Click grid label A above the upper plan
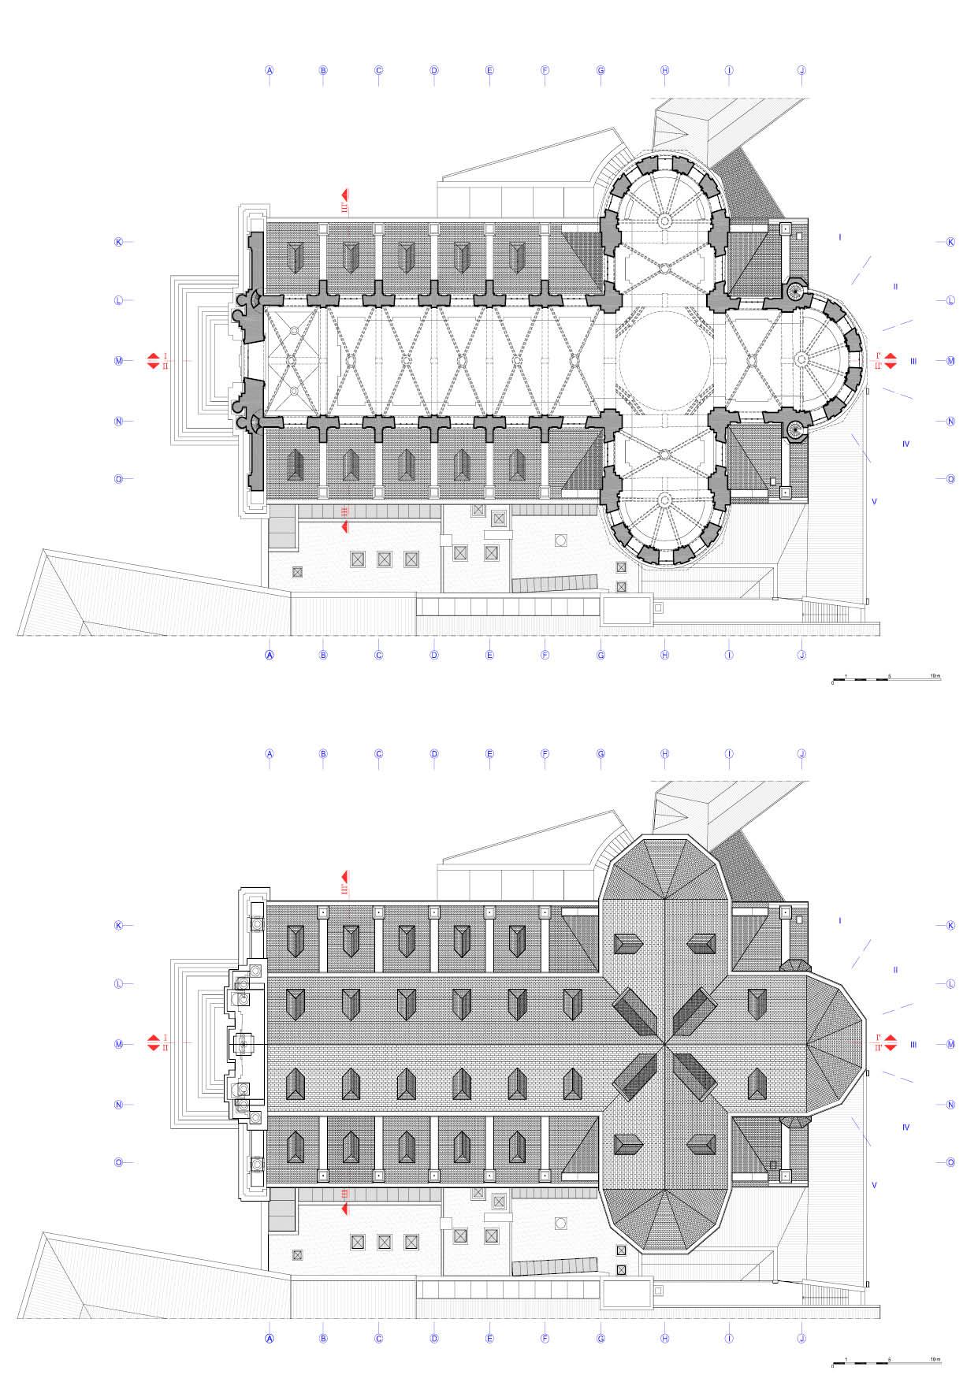[x=270, y=70]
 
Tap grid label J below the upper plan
[x=801, y=655]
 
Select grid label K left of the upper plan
[x=119, y=242]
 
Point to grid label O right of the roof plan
[x=950, y=1162]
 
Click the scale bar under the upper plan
[x=887, y=678]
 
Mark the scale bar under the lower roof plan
[x=887, y=1362]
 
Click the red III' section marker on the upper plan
[x=344, y=202]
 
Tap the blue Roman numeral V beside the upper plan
[x=874, y=501]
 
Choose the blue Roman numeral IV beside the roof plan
[x=905, y=1128]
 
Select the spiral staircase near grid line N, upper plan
[x=794, y=429]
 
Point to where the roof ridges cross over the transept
[x=665, y=1044]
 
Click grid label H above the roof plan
[x=665, y=754]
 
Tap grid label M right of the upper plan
[x=950, y=361]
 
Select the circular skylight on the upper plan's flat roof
[x=561, y=541]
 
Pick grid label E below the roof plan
[x=489, y=1338]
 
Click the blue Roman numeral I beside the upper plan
[x=840, y=236]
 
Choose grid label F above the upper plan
[x=545, y=70]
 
